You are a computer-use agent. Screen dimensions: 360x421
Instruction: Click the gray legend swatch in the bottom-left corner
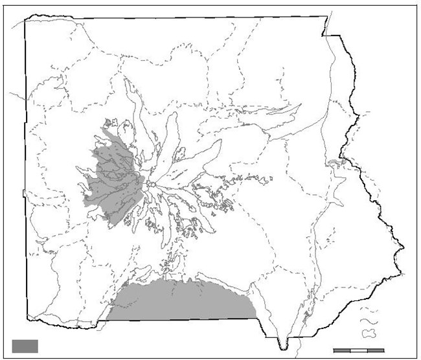tap(25, 346)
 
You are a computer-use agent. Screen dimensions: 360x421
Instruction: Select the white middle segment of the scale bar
tap(359, 350)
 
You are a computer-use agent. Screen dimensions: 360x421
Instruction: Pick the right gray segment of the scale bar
tap(376, 350)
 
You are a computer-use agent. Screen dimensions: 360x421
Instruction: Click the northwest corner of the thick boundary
tap(25, 19)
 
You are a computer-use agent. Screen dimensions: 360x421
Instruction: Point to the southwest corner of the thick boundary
tap(27, 318)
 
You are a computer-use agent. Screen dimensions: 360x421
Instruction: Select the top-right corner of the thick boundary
tap(326, 17)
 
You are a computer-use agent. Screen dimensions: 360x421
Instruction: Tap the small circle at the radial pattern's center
tap(149, 185)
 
